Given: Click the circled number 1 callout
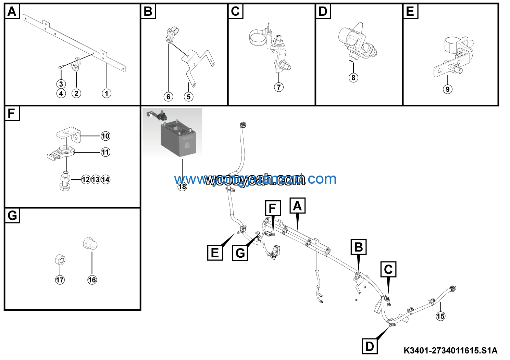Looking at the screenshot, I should pos(107,93).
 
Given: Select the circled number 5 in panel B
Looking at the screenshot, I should pos(188,97).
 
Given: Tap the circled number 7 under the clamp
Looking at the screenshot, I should pos(279,87).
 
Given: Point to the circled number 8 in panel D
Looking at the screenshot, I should pos(353,78).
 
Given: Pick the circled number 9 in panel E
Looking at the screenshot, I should pos(447,89).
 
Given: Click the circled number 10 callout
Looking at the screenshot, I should pos(105,136).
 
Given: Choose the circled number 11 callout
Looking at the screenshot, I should pos(105,152).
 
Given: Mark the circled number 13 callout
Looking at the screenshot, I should pos(96,180).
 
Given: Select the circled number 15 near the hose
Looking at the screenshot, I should pos(440,316).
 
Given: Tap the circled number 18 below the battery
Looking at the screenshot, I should pos(182,187).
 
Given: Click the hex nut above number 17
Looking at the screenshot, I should pos(60,260).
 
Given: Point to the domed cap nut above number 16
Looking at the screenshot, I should pos(91,244).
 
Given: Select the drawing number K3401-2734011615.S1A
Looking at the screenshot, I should pos(450,351).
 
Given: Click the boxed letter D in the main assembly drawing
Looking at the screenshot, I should pos(370,346).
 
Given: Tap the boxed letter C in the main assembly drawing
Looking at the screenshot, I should pos(388,269).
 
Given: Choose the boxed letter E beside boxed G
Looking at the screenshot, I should pos(215,253).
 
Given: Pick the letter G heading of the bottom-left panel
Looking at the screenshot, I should pos(12,216).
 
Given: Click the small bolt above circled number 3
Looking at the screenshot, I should pos(60,67).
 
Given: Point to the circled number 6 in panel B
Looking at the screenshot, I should pos(168,97).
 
